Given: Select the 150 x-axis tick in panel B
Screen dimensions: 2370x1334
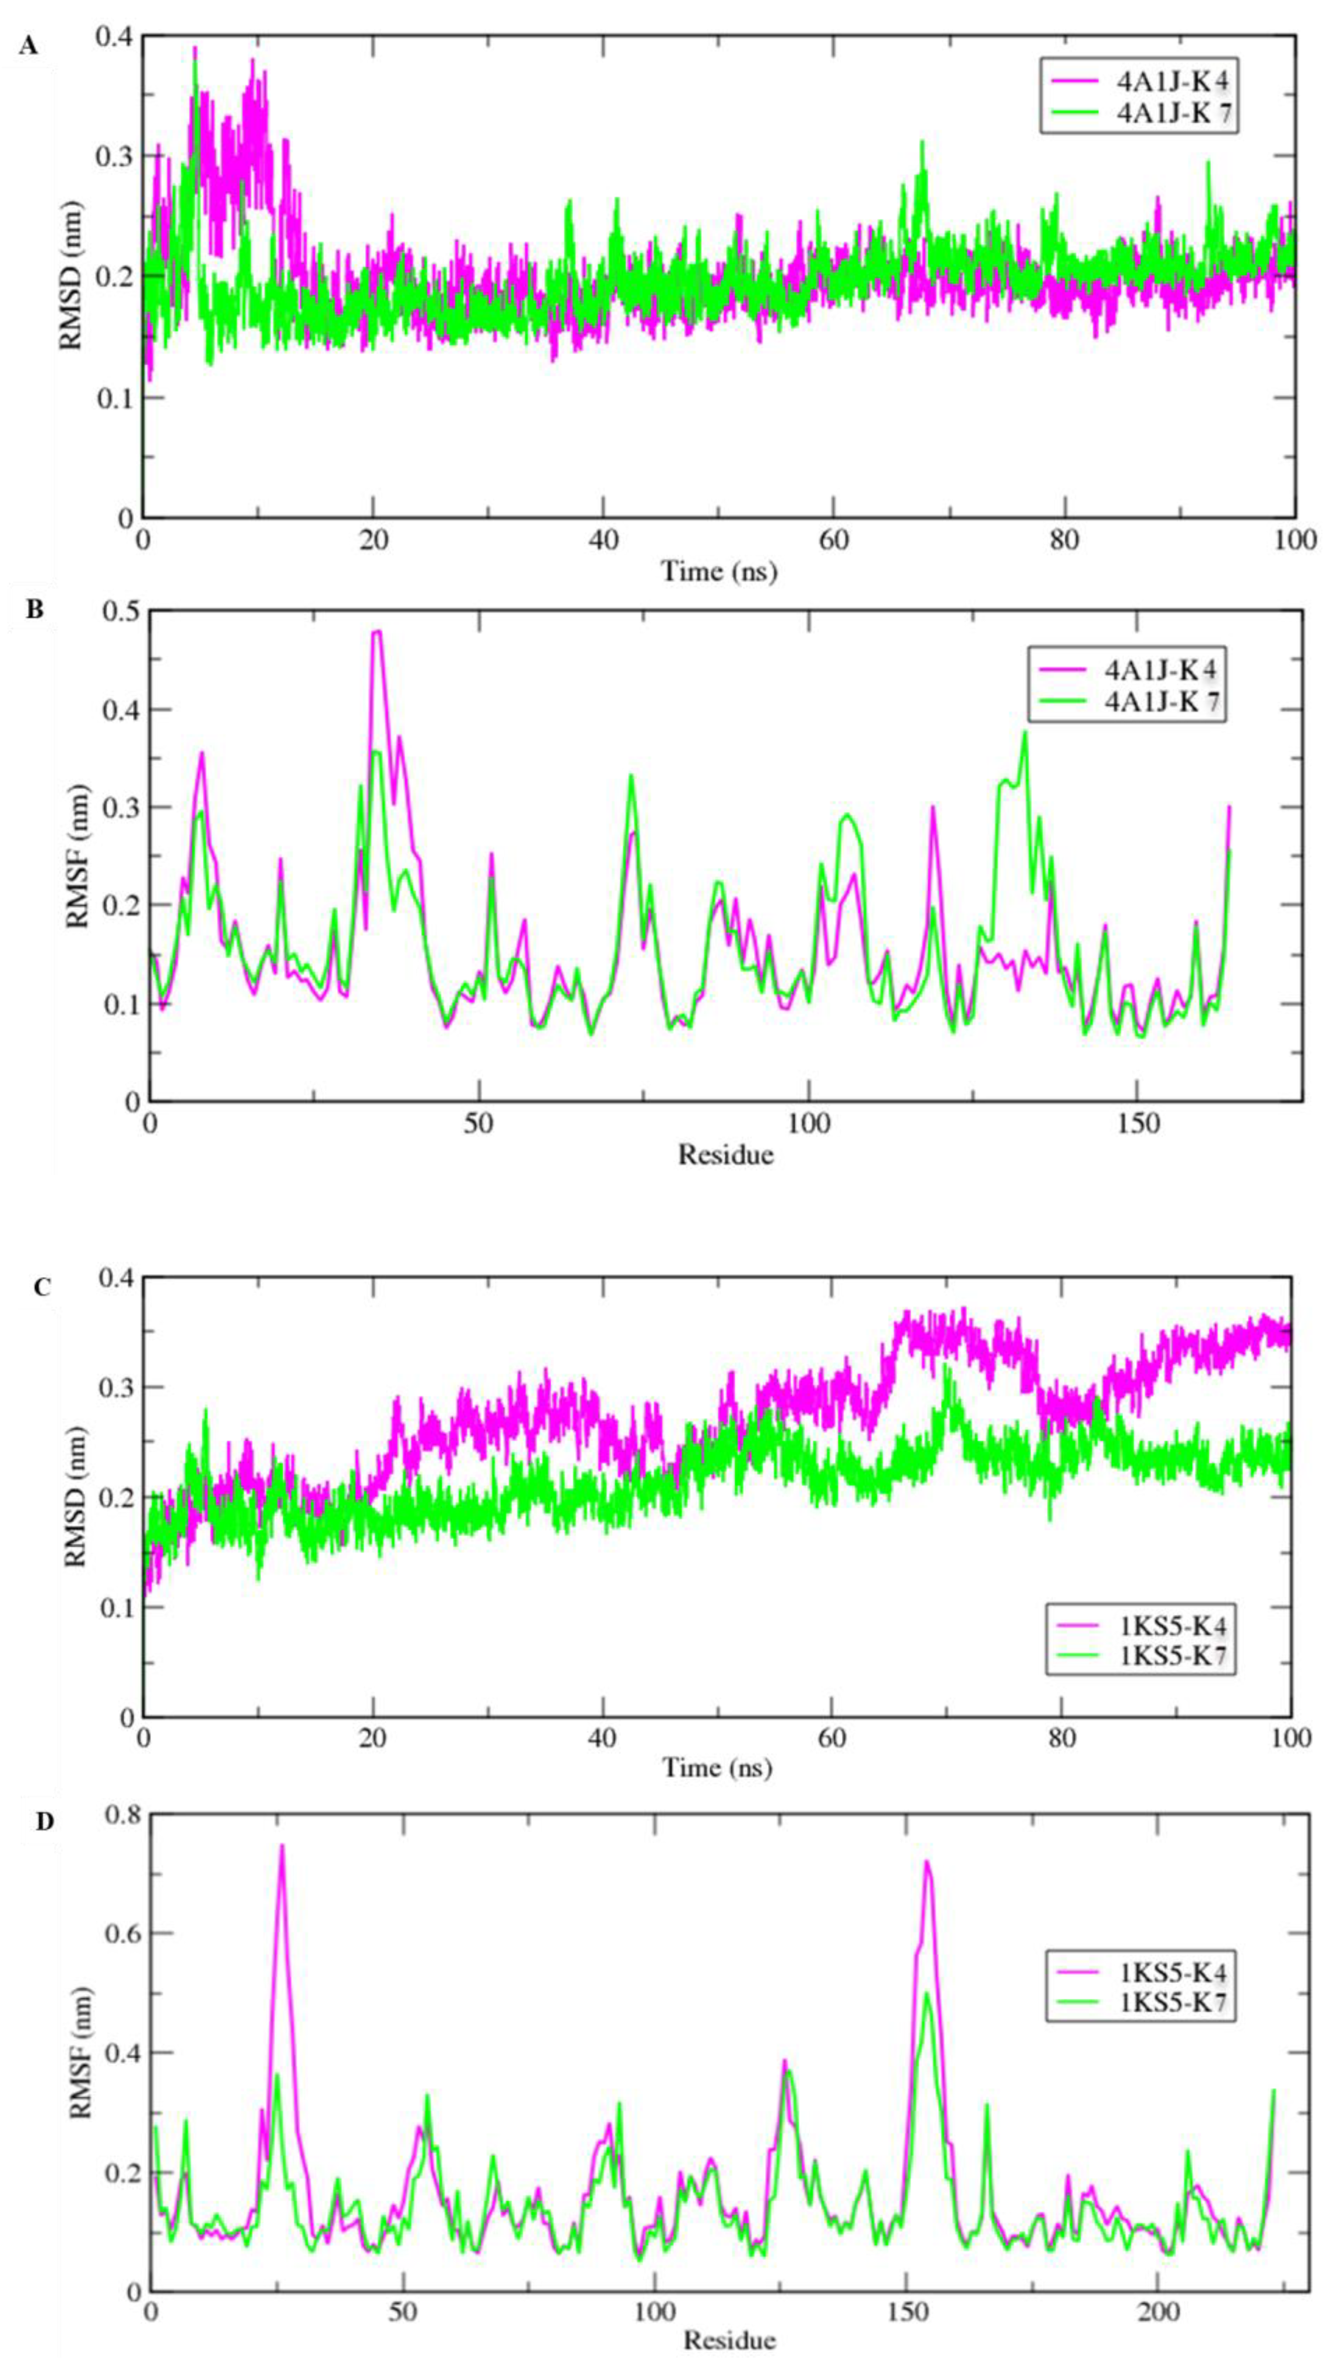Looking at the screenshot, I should [x=1136, y=1124].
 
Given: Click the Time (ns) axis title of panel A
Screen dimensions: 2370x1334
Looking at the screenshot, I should [x=718, y=571].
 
